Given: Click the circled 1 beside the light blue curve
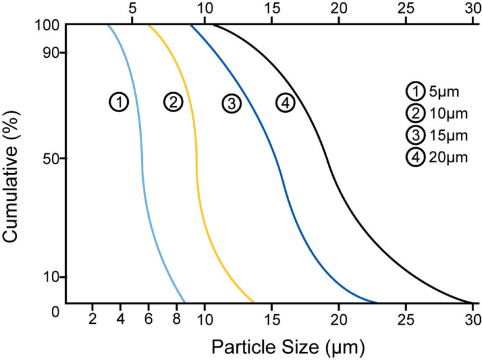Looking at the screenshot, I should pos(119,102).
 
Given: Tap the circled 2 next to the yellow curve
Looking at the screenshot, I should pos(173,102).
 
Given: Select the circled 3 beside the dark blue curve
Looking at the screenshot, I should pos(231,103).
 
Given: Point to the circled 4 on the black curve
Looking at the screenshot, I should pos(286,103).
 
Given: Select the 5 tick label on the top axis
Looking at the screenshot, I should pos(133,9).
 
